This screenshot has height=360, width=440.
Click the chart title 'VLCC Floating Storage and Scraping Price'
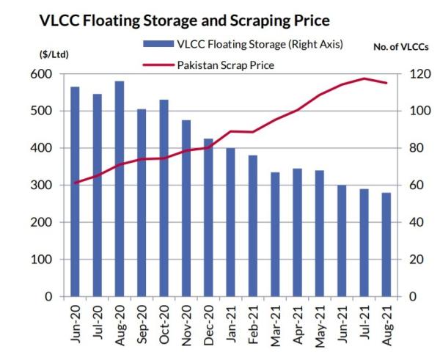coord(183,19)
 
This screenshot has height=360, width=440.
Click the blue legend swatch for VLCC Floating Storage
coord(155,45)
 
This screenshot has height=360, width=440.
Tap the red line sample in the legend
coord(155,65)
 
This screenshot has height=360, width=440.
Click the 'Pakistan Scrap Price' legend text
coord(226,65)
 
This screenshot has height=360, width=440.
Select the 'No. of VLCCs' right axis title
coord(400,47)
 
